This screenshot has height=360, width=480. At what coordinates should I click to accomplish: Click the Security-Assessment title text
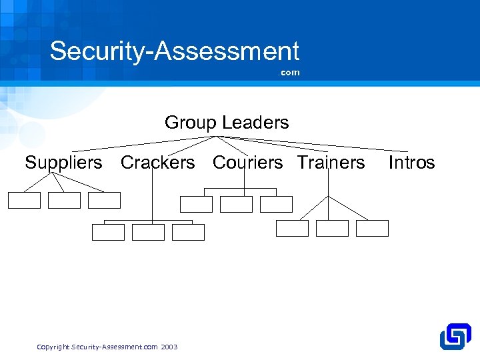click(175, 51)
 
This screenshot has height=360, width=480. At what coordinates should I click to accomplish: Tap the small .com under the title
click(289, 73)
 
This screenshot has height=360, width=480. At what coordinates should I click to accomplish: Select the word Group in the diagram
click(191, 123)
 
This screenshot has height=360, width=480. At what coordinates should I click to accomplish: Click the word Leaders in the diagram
click(256, 123)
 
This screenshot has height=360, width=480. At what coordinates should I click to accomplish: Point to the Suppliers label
click(64, 162)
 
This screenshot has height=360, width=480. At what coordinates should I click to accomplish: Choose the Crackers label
click(158, 162)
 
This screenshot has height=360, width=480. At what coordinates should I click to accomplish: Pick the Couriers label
click(248, 162)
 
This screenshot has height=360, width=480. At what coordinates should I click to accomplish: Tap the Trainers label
click(331, 162)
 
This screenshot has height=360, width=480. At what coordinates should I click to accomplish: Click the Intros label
click(411, 162)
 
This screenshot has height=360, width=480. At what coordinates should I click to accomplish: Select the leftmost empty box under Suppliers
click(25, 200)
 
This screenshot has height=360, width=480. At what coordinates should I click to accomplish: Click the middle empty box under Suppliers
click(64, 200)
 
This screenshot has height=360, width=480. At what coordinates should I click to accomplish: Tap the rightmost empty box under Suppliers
click(105, 200)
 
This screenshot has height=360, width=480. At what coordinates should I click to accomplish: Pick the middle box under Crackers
click(148, 232)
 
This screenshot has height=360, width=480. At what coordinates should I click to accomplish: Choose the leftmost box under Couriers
click(197, 204)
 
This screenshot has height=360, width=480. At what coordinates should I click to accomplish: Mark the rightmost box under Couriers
click(277, 204)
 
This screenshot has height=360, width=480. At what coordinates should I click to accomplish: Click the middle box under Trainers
click(332, 228)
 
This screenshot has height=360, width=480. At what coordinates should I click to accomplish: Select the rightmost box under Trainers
click(372, 228)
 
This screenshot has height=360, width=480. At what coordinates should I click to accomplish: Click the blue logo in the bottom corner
click(455, 337)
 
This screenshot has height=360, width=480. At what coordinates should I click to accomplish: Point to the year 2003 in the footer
click(169, 347)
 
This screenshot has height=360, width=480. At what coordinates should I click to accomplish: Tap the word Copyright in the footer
click(53, 347)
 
